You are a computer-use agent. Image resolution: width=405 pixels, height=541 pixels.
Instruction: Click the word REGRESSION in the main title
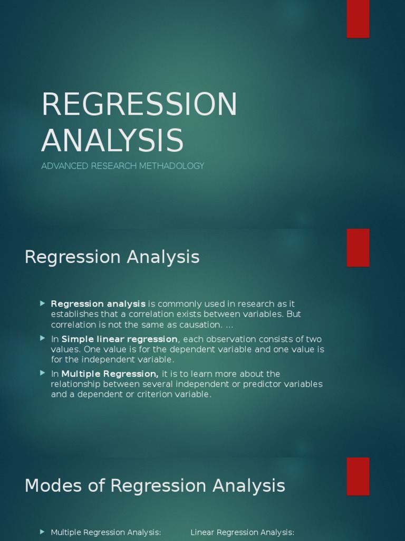point(139,105)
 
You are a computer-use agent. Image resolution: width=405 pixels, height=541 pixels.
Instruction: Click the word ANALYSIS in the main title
point(112,141)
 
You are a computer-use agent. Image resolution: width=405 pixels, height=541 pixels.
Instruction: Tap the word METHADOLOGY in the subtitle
point(175,166)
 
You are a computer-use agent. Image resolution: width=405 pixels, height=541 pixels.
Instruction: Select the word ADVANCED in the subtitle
point(65,166)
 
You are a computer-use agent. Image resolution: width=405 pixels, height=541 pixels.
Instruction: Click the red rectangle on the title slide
point(358,19)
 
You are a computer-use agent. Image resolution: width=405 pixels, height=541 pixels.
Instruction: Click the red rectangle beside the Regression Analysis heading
point(358,248)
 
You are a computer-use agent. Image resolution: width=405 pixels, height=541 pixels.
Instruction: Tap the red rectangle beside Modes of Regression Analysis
point(358,476)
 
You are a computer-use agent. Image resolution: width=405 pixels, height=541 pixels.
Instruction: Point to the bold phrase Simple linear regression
point(120,339)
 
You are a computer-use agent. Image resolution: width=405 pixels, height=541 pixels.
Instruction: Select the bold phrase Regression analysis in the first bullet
point(98,304)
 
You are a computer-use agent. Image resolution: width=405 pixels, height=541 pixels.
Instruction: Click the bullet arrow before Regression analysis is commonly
point(43,303)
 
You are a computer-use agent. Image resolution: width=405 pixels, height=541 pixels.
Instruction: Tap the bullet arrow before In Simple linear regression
point(43,339)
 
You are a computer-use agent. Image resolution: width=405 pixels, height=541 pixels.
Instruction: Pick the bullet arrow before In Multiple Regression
point(43,374)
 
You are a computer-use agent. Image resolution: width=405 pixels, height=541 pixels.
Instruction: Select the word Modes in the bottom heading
point(54,486)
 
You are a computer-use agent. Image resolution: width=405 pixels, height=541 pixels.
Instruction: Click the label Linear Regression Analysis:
point(242,533)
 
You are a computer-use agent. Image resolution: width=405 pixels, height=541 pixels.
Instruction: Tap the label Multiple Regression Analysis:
point(105,533)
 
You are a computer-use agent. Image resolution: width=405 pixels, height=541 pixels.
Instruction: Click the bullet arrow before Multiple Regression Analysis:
point(43,532)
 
